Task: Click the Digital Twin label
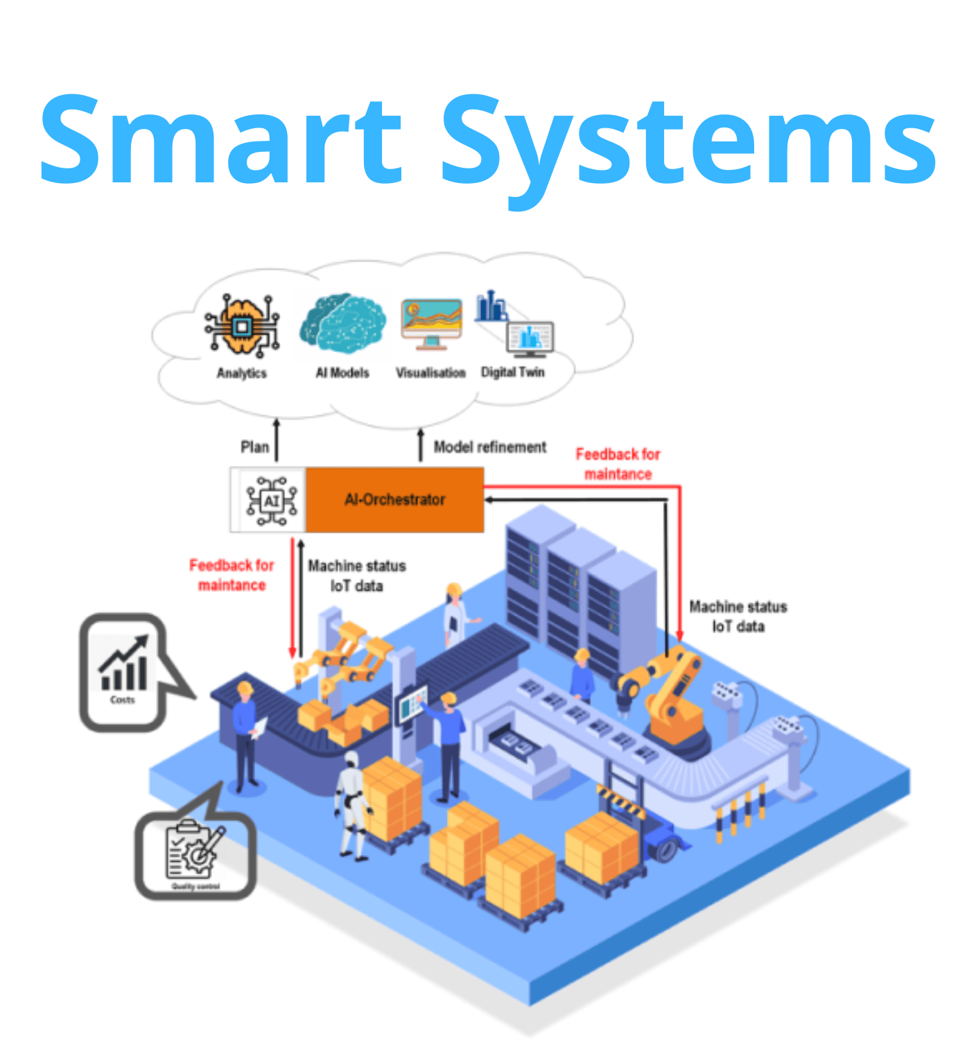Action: point(513,372)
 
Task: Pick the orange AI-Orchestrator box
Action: point(394,500)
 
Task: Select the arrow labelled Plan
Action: point(276,440)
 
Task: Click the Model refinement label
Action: point(489,447)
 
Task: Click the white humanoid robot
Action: point(352,804)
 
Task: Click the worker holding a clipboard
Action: point(245,735)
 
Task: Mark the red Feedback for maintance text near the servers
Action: point(618,464)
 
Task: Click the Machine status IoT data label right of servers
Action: point(738,616)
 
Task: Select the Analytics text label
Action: point(241,373)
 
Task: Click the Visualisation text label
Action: point(430,373)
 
